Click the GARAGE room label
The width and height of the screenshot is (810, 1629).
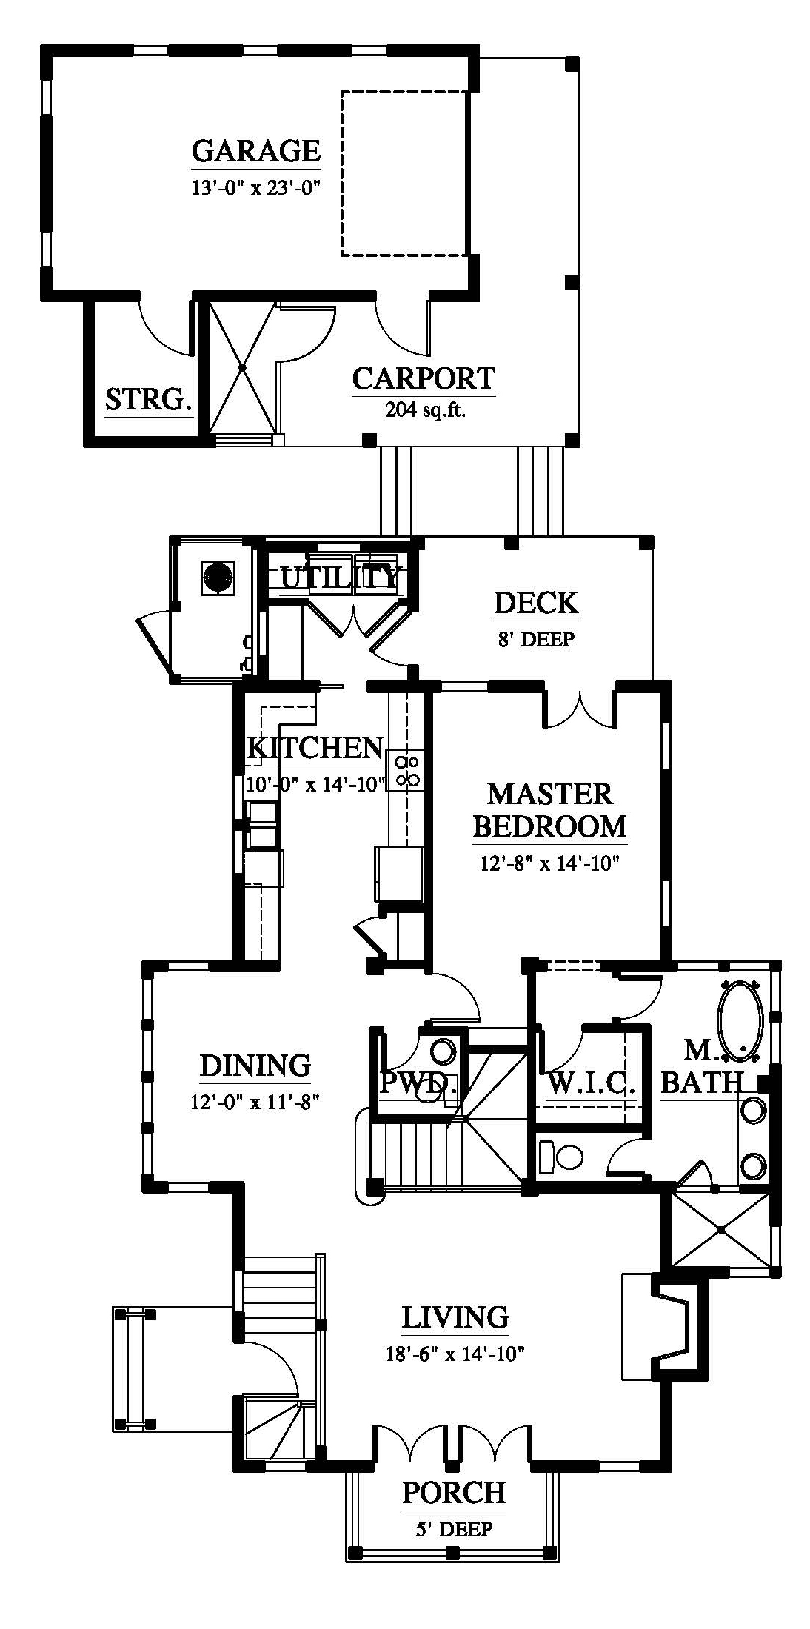[x=256, y=150]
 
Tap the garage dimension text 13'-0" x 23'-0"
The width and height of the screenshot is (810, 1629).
[x=255, y=188]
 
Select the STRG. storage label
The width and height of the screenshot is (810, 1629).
[x=149, y=400]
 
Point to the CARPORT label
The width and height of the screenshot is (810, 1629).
[x=424, y=378]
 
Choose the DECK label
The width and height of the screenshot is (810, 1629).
[x=536, y=603]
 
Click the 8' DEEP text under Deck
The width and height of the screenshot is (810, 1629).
[x=535, y=638]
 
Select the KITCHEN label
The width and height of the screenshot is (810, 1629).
[x=315, y=748]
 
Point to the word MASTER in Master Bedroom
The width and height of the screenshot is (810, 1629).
[x=550, y=795]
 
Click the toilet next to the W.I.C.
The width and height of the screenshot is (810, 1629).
[x=562, y=1157]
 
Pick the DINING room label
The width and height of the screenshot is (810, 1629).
[x=255, y=1066]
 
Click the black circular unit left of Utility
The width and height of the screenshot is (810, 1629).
[x=218, y=576]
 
